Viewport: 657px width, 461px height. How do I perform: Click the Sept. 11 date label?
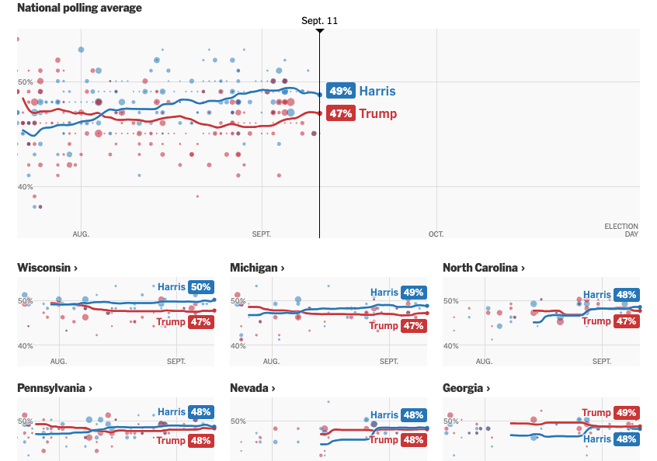point(320,21)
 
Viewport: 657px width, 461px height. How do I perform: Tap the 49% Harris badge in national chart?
point(341,91)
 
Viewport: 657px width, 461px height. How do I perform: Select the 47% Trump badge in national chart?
point(341,113)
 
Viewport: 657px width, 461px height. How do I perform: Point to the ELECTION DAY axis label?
point(621,230)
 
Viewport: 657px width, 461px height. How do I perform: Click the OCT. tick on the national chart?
point(436,234)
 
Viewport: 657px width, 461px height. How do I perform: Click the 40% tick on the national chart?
point(25,186)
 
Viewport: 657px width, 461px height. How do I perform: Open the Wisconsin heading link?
point(47,268)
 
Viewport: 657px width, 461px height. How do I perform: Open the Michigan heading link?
point(257,268)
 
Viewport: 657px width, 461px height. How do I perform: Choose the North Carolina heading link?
point(483,268)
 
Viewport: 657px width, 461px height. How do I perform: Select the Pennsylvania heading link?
point(55,388)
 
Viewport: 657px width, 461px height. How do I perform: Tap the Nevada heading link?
point(252,388)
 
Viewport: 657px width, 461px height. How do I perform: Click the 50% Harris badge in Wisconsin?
point(200,287)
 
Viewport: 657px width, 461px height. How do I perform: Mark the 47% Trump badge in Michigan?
point(413,326)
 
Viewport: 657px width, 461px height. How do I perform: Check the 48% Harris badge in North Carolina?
point(626,295)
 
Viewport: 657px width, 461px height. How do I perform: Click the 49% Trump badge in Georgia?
point(626,413)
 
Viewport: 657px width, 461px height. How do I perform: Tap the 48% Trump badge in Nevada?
point(413,440)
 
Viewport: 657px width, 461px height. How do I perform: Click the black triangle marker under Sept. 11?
point(320,31)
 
